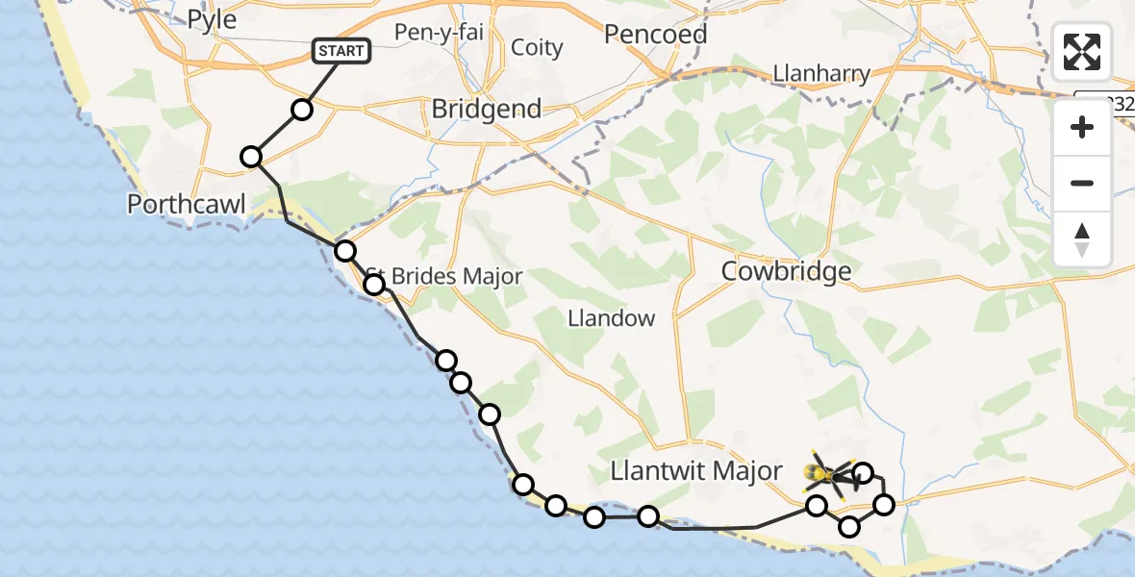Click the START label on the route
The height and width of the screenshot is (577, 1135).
[341, 51]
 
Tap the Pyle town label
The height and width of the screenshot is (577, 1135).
[212, 19]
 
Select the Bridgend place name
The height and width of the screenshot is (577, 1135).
[486, 109]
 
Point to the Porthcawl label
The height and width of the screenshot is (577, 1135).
[187, 204]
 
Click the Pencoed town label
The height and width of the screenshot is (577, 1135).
[655, 35]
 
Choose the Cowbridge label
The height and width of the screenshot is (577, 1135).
[787, 271]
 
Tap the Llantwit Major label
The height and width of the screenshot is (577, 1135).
[697, 471]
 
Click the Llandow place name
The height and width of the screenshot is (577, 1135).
[611, 318]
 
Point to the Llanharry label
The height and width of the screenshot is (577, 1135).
[821, 73]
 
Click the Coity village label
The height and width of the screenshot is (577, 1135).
[537, 47]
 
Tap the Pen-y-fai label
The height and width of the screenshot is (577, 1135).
[439, 32]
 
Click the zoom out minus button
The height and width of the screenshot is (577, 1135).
[1082, 183]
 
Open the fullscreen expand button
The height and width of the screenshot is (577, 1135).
[1082, 52]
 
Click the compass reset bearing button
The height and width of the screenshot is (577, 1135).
[1082, 239]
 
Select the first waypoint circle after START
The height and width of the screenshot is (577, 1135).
[302, 110]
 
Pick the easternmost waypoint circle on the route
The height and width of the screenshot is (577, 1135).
[883, 504]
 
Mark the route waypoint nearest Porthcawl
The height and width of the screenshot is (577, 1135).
[251, 157]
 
